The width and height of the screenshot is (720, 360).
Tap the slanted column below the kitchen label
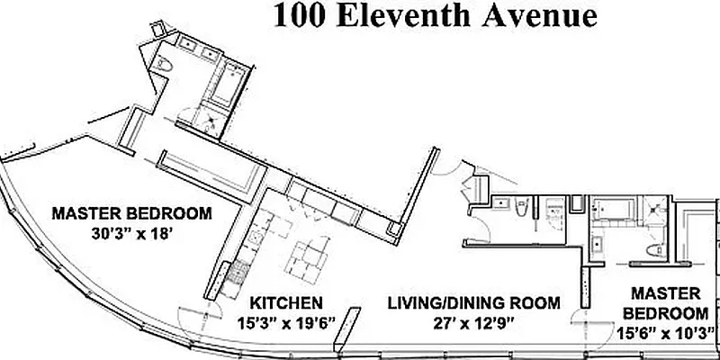[x=339, y=334]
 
